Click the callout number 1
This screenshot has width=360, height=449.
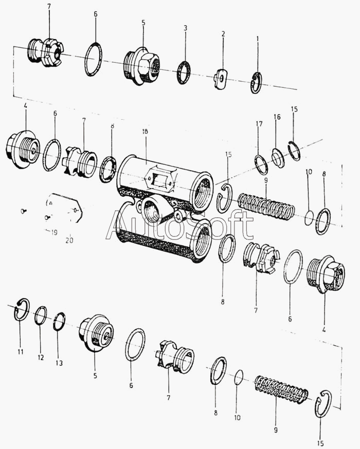pyautogui.click(x=258, y=39)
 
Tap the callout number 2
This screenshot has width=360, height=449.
pyautogui.click(x=223, y=34)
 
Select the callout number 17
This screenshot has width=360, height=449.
pyautogui.click(x=259, y=124)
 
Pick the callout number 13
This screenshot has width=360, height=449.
pyautogui.click(x=59, y=363)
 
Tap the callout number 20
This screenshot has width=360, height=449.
pyautogui.click(x=69, y=239)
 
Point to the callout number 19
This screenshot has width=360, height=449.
pyautogui.click(x=53, y=233)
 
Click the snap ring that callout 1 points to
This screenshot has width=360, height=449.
pyautogui.click(x=256, y=83)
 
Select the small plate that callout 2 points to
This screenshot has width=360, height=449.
pyautogui.click(x=221, y=79)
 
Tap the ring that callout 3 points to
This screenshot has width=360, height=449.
pyautogui.click(x=184, y=72)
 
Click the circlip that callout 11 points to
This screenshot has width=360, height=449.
pyautogui.click(x=22, y=310)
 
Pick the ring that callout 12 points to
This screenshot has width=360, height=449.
pyautogui.click(x=41, y=315)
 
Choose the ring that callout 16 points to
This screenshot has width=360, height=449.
pyautogui.click(x=278, y=158)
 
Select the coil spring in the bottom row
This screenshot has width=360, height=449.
pyautogui.click(x=281, y=389)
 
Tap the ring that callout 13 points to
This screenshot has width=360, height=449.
pyautogui.click(x=59, y=322)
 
